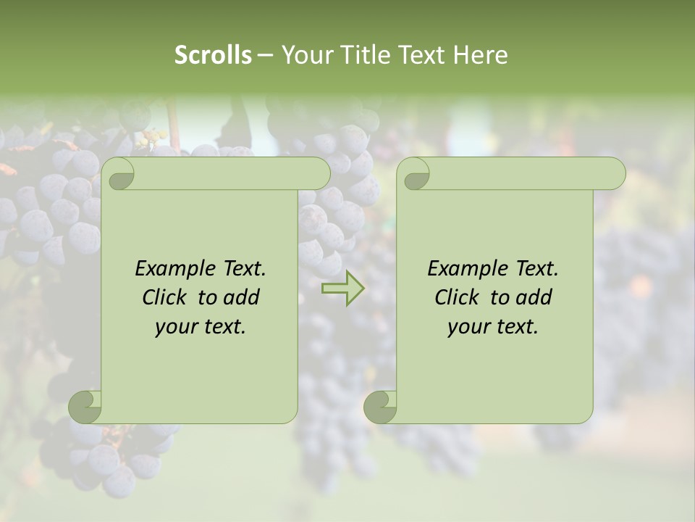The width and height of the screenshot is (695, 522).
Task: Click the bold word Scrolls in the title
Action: (x=213, y=55)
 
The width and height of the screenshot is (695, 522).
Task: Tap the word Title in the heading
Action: (x=364, y=55)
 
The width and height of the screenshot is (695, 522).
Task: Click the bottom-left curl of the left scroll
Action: (x=85, y=406)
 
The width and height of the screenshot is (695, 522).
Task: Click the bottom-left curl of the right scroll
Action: (x=381, y=406)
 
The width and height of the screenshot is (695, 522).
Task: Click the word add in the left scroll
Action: (x=243, y=297)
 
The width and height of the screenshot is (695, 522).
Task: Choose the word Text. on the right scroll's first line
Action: (x=536, y=269)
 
